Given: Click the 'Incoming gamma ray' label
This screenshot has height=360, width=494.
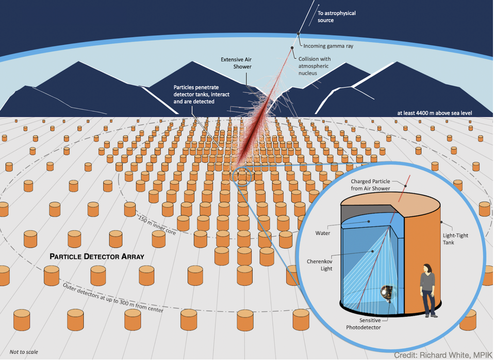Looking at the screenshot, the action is (328, 46).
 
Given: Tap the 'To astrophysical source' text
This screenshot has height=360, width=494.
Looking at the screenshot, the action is (337, 17).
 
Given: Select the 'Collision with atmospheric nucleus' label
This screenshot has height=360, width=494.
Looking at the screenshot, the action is (315, 66).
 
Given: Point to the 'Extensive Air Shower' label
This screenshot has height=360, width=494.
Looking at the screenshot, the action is (236, 63).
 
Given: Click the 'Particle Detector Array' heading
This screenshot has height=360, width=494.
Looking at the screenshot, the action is (97, 256).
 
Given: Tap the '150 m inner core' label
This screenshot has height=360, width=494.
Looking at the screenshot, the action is (157, 224).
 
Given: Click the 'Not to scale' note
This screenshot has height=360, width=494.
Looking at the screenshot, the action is (24, 352).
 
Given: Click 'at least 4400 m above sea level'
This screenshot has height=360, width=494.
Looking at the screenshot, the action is (435, 113).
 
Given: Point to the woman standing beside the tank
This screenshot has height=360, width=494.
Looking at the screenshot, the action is (427, 290).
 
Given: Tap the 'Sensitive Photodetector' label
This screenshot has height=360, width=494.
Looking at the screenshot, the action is (363, 324).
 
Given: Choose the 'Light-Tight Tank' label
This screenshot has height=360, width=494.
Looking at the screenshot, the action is (455, 239).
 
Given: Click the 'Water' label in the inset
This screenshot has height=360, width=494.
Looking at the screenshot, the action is (323, 233).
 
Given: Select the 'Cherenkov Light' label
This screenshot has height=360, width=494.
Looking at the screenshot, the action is (320, 265).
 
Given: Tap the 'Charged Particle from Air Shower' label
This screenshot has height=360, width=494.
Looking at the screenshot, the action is (370, 185).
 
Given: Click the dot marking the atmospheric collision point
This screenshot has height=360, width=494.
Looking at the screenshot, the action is (292, 48).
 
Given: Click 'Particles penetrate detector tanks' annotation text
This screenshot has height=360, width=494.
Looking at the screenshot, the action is (201, 94).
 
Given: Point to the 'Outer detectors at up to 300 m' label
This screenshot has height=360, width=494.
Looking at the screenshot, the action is (113, 298).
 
